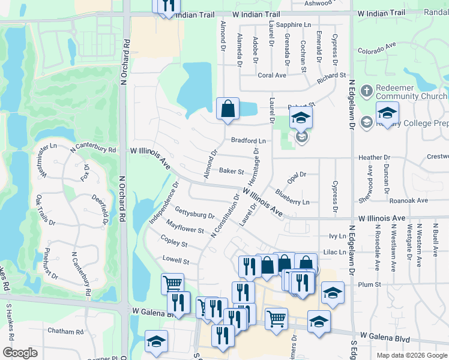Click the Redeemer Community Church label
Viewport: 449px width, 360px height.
411,92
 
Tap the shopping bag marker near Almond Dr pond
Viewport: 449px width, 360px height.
228,110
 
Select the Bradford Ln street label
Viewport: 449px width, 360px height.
249,140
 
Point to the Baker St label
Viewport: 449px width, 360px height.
231,171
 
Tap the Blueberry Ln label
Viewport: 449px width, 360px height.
292,198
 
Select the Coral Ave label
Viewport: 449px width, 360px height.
271,76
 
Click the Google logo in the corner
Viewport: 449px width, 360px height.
20,353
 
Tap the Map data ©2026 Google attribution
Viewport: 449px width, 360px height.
412,355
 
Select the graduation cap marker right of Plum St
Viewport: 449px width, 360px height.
333,293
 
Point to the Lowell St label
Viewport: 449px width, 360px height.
176,261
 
